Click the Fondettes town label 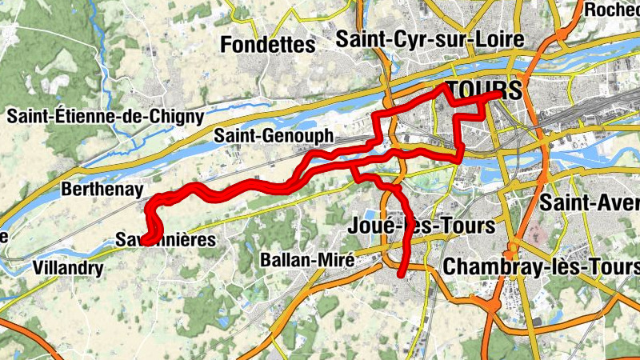[267, 45]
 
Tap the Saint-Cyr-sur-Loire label [430, 38]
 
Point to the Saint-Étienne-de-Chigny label [106, 116]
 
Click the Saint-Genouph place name [273, 137]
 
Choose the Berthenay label [102, 190]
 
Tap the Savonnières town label [166, 240]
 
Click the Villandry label [68, 268]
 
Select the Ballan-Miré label [307, 261]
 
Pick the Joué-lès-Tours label [422, 226]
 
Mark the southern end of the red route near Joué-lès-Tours [402, 274]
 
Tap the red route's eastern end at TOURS [500, 94]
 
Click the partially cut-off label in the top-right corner [613, 10]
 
